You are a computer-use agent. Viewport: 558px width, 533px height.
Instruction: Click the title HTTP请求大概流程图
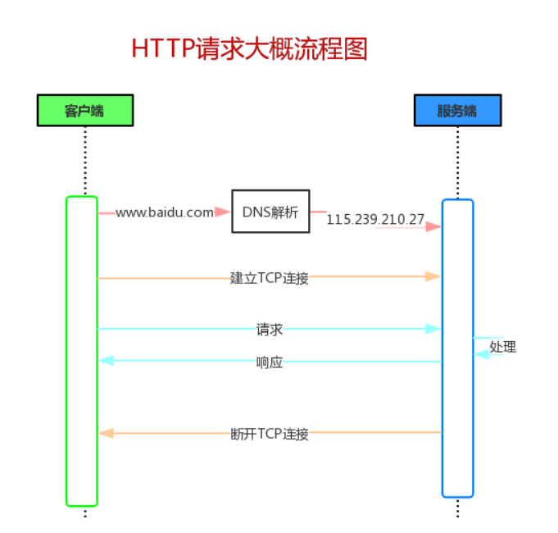(x=249, y=49)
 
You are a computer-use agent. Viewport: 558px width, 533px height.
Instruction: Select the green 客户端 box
(x=84, y=110)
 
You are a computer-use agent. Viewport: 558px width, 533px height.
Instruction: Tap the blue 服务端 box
(x=457, y=110)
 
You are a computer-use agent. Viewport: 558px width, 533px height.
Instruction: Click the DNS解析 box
(x=270, y=212)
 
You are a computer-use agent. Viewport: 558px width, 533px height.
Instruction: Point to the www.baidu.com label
(x=164, y=212)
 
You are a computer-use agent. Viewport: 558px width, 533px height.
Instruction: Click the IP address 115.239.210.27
(x=375, y=219)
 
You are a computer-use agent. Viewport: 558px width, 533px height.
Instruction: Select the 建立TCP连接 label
(x=270, y=278)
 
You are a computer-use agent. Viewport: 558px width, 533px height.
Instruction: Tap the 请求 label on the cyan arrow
(x=270, y=330)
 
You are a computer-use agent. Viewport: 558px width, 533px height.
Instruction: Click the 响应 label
(x=270, y=362)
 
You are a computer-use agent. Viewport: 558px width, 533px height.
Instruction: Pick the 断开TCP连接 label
(x=270, y=434)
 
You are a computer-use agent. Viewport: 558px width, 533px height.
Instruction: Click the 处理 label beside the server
(x=503, y=347)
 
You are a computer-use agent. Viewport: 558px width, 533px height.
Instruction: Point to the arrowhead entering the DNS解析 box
(x=223, y=212)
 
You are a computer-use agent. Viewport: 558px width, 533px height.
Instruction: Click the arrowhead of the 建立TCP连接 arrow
(x=433, y=277)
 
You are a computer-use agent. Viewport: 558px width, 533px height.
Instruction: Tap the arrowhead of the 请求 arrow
(x=433, y=329)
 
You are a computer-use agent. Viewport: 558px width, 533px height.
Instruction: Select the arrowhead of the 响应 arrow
(x=106, y=361)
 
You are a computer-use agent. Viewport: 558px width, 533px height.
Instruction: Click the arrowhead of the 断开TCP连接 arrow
(x=106, y=433)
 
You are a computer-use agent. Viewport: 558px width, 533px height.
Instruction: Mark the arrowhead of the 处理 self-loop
(x=482, y=354)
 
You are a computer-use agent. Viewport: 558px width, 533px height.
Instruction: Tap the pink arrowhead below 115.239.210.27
(x=433, y=226)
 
